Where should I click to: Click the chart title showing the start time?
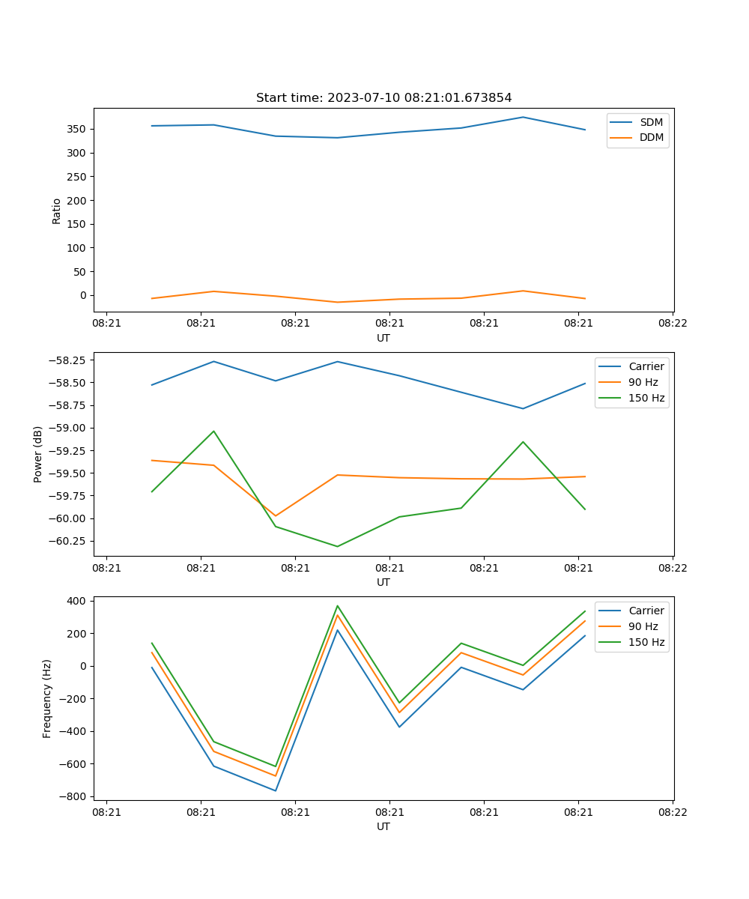383,98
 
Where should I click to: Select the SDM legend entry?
651,122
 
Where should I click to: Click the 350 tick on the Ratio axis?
77,129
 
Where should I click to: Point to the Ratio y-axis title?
57,211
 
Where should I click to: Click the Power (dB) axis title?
38,454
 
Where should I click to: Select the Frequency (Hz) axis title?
47,698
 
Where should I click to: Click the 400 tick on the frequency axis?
77,601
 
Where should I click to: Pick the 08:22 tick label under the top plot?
672,324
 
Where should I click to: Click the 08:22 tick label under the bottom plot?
672,812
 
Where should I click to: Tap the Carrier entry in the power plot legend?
646,366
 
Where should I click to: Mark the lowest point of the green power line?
337,546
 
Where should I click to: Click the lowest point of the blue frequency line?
276,790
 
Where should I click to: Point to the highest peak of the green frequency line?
337,606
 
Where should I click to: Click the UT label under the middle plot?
383,582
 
